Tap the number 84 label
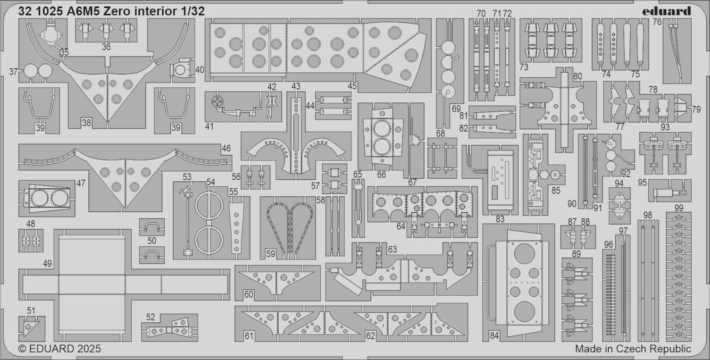point(494,336)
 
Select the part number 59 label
point(270,253)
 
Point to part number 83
point(500,219)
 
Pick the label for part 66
point(381,175)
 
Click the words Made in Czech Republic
point(633,349)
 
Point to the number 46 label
point(226,149)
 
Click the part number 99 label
point(678,208)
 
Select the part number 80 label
point(578,75)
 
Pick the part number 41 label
point(209,126)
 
